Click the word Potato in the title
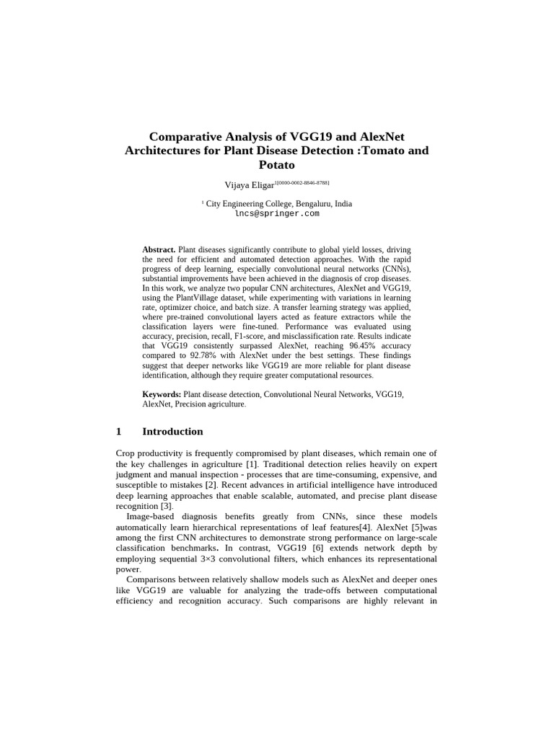(276, 165)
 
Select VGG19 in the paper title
(315, 136)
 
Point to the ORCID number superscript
(302, 183)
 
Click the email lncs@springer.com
(277, 214)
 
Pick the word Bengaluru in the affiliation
(309, 204)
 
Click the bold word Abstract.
(159, 250)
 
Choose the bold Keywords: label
(162, 395)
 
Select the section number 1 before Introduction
(119, 432)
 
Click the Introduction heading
(172, 432)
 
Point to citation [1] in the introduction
(252, 464)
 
